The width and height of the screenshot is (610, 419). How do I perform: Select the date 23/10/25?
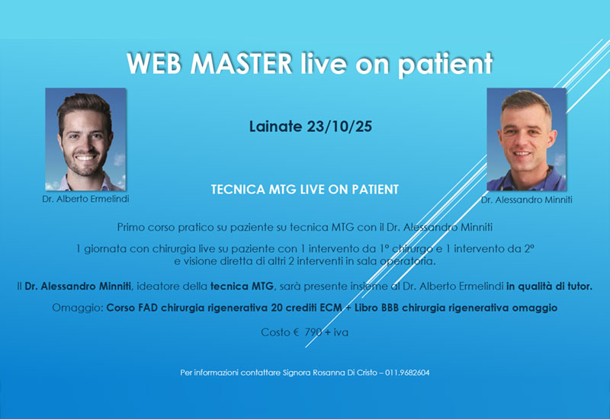335,126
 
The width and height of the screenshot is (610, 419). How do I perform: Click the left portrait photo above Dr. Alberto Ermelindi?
85,139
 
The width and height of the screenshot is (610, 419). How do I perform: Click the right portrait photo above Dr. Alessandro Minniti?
526,139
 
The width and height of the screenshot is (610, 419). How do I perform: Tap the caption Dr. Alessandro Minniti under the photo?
526,200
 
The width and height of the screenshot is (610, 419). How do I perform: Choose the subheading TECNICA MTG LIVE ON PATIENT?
305,187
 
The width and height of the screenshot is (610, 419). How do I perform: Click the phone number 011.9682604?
410,373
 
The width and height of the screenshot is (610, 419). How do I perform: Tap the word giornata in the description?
108,249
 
